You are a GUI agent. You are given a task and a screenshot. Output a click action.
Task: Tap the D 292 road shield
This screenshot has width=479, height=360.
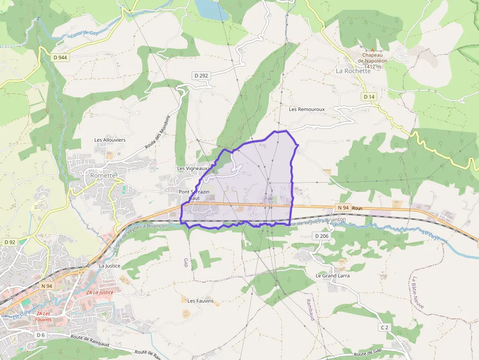[x=201, y=75]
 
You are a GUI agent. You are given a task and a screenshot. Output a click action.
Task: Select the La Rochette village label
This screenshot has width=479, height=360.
[x=353, y=71]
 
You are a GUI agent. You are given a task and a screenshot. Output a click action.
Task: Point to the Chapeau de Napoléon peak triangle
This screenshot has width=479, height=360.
[x=372, y=49]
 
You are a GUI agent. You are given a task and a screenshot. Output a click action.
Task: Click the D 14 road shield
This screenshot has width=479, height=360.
[x=370, y=97]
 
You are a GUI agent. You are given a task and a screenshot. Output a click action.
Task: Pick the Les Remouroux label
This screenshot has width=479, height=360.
[x=306, y=109]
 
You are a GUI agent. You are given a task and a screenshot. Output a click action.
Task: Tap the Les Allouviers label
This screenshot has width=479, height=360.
[x=110, y=140]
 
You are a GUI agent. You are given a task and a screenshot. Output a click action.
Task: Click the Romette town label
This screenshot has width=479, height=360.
[x=103, y=175]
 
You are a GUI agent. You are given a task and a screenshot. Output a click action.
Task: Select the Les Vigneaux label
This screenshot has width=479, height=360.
[x=192, y=169]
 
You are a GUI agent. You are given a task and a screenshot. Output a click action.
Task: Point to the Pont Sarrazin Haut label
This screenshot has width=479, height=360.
[x=194, y=195]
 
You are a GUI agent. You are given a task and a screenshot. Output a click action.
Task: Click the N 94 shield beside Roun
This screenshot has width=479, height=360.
[x=343, y=208]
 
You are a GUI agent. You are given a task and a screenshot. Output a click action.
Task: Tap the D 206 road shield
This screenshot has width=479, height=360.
[x=322, y=236]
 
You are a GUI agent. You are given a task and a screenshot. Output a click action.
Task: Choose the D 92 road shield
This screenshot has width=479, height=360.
[x=10, y=242]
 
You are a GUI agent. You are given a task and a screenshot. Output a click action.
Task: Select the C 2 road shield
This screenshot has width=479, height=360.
[x=385, y=326]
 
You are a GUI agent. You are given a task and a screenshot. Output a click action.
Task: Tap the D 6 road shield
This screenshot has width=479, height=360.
[x=41, y=335]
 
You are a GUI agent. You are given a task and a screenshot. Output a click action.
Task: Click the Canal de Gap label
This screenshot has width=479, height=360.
[x=84, y=34]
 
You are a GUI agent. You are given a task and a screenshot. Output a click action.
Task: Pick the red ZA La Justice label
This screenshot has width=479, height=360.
[x=99, y=292]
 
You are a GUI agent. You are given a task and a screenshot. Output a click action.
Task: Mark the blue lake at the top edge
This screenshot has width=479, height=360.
[x=206, y=7]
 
